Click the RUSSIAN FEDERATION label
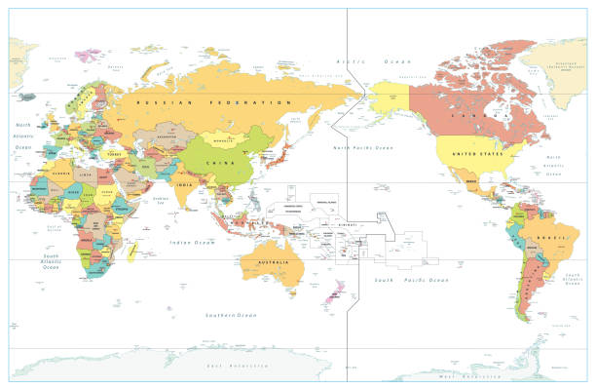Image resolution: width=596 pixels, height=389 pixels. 215,101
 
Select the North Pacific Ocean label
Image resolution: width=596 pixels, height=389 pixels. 362,147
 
